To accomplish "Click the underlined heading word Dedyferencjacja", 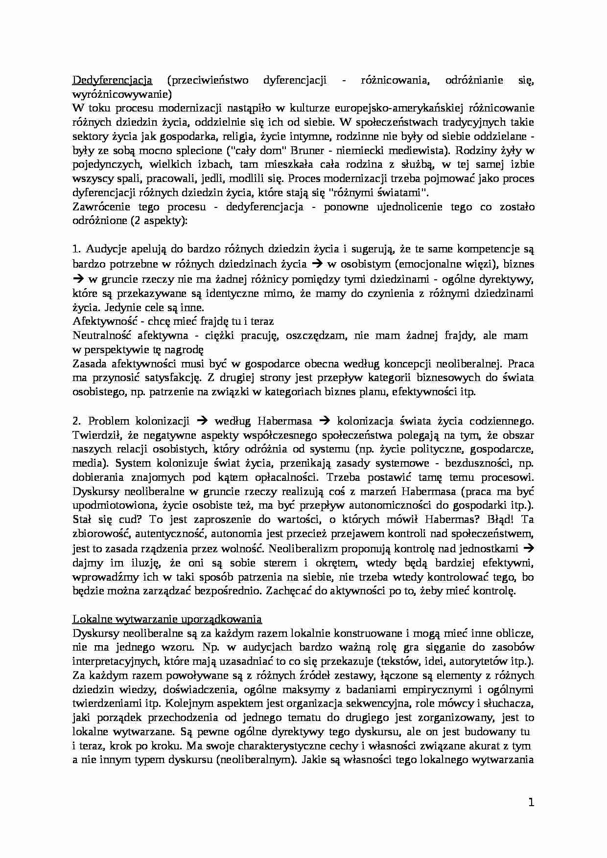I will click(x=112, y=80).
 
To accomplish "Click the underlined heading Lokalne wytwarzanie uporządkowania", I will click(x=167, y=619).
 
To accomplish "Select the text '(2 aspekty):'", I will click(x=159, y=221).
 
